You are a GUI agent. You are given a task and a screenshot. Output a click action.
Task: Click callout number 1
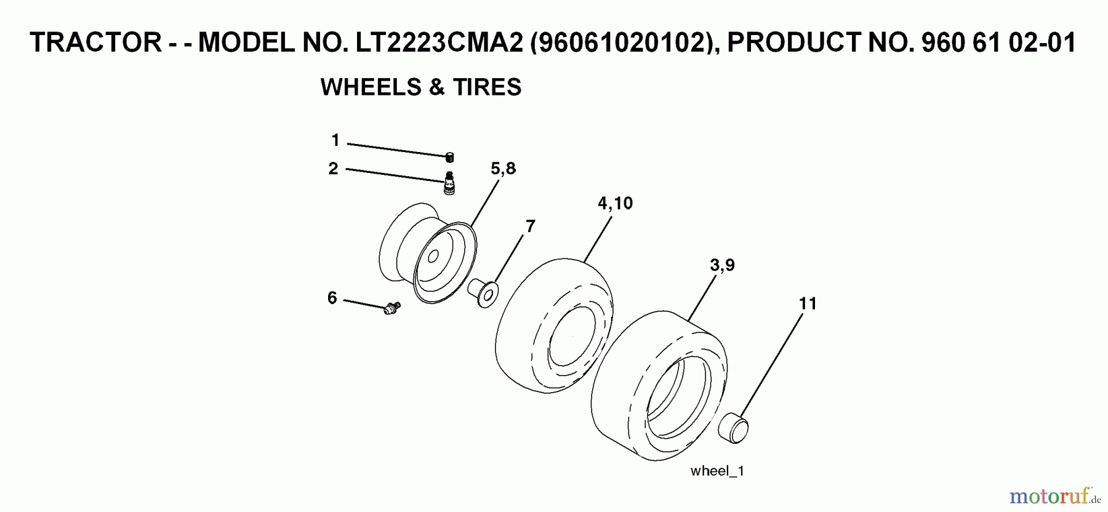point(335,141)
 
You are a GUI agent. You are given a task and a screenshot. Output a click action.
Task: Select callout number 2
point(334,169)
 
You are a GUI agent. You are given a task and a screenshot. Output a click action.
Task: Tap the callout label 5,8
point(503,169)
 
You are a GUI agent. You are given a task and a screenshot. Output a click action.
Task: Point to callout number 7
point(530,226)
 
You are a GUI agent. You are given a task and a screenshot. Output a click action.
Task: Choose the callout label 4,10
point(615,203)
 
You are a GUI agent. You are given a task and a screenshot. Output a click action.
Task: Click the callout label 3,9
point(722,265)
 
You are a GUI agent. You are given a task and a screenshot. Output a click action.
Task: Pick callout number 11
point(808,303)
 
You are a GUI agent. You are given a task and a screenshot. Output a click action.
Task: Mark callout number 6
point(332,298)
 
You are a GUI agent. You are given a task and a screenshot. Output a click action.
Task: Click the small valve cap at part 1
point(450,157)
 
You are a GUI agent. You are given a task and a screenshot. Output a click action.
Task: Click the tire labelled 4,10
point(554,326)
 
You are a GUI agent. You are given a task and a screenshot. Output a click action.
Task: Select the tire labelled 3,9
point(659,388)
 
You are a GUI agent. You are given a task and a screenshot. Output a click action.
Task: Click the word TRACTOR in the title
point(95,43)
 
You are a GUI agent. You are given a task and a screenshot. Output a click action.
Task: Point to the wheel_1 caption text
point(717,471)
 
